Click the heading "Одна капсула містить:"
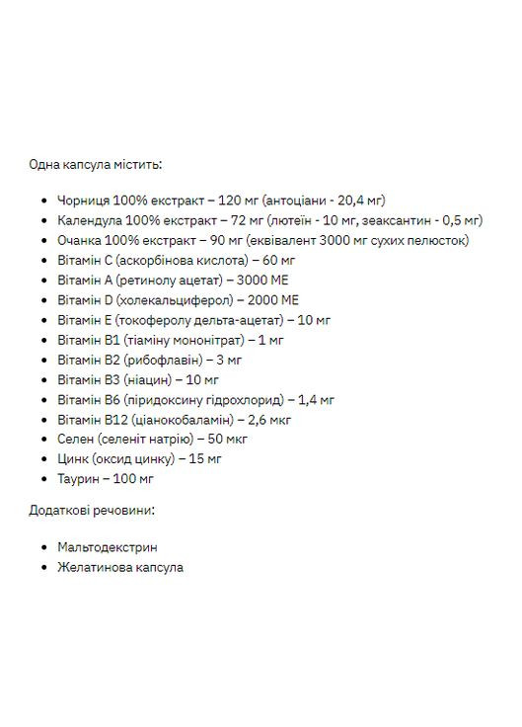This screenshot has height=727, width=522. coord(97,164)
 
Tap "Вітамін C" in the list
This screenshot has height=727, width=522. coord(84,260)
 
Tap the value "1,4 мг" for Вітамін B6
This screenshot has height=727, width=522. coord(316,399)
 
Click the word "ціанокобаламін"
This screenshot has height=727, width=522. coord(171,419)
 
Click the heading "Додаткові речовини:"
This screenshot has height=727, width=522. coord(93,511)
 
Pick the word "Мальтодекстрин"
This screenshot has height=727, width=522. coord(108,546)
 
